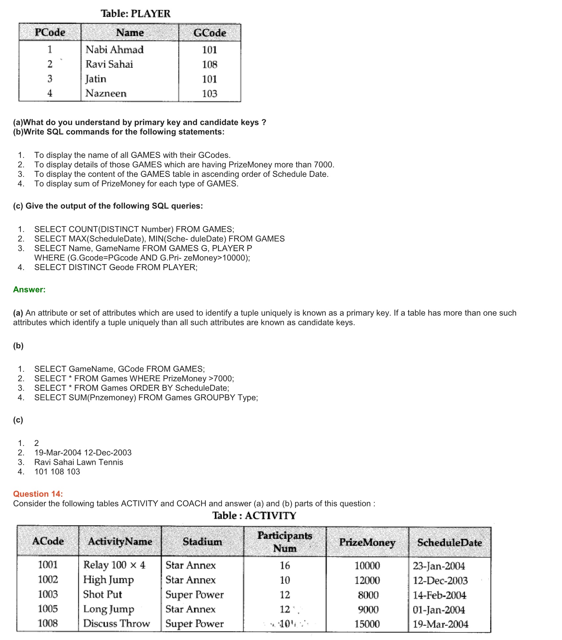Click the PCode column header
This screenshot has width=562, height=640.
tap(50, 32)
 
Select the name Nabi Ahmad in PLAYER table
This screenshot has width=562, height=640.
tap(114, 50)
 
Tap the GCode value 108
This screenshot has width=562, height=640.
tap(210, 64)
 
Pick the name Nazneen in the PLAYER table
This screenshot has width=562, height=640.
tap(106, 93)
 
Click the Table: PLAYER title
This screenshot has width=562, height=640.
tap(136, 14)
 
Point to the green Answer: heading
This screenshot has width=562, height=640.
tap(29, 290)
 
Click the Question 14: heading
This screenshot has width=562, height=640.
tap(38, 494)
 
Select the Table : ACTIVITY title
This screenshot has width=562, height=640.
tap(254, 515)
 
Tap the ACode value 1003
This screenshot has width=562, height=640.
tap(48, 594)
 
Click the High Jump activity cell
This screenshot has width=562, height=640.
tap(108, 580)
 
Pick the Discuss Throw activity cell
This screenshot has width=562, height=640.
tap(116, 623)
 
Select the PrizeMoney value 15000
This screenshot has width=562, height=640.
tap(367, 624)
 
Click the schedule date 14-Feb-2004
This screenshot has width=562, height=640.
tap(439, 595)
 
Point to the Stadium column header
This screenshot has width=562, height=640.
tap(202, 541)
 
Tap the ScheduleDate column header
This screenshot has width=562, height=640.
tap(449, 542)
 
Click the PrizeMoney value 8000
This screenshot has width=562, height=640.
tap(368, 595)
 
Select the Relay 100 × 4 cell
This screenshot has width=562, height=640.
tap(114, 565)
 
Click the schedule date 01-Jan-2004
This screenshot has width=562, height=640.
tap(439, 610)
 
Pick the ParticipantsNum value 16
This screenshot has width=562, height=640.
tap(285, 565)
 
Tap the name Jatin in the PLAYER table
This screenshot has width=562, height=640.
tap(96, 79)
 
